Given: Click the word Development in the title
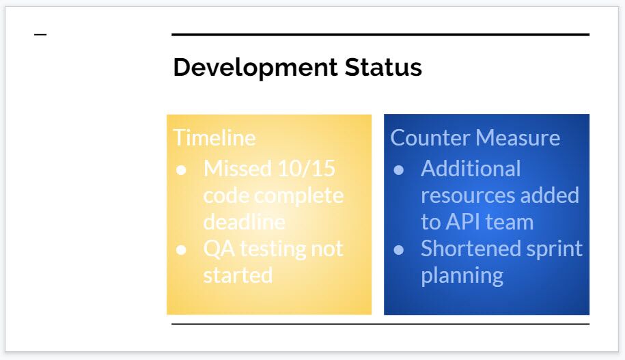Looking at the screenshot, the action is click(x=255, y=68).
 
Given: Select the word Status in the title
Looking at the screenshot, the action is click(x=383, y=67).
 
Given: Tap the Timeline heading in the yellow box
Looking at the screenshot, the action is click(x=214, y=138).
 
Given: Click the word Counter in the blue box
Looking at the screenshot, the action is click(x=430, y=138).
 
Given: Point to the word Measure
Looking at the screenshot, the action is click(x=518, y=138).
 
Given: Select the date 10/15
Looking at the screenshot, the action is click(x=306, y=169).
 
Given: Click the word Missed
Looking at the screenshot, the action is click(x=238, y=169).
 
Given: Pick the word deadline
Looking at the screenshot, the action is click(x=244, y=221).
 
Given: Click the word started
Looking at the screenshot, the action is click(x=238, y=275).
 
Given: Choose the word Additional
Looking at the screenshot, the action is click(x=471, y=169).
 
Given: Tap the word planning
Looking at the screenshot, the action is click(x=462, y=276).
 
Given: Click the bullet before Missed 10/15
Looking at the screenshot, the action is click(x=181, y=170).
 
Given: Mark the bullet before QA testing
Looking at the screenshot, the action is click(x=181, y=250).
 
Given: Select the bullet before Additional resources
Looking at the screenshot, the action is click(x=399, y=170).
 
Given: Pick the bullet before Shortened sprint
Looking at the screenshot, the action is click(x=399, y=250).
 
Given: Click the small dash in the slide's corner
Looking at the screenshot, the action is click(x=40, y=35).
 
